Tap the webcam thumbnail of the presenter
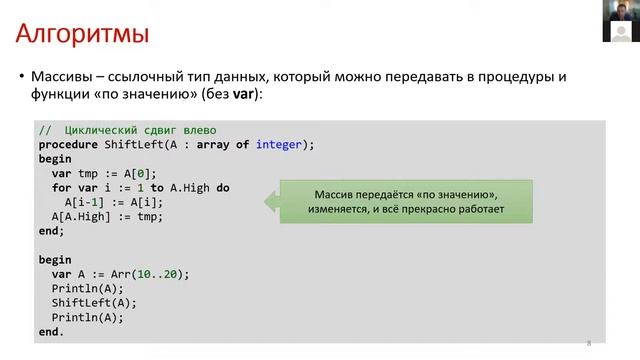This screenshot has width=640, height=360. (x=621, y=20)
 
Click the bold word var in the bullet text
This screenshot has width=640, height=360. (x=243, y=94)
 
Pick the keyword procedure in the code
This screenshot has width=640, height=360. (x=69, y=144)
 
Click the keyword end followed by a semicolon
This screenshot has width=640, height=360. (x=51, y=230)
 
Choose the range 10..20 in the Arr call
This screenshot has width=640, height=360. (x=160, y=274)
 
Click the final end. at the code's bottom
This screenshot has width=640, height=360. (x=51, y=331)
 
